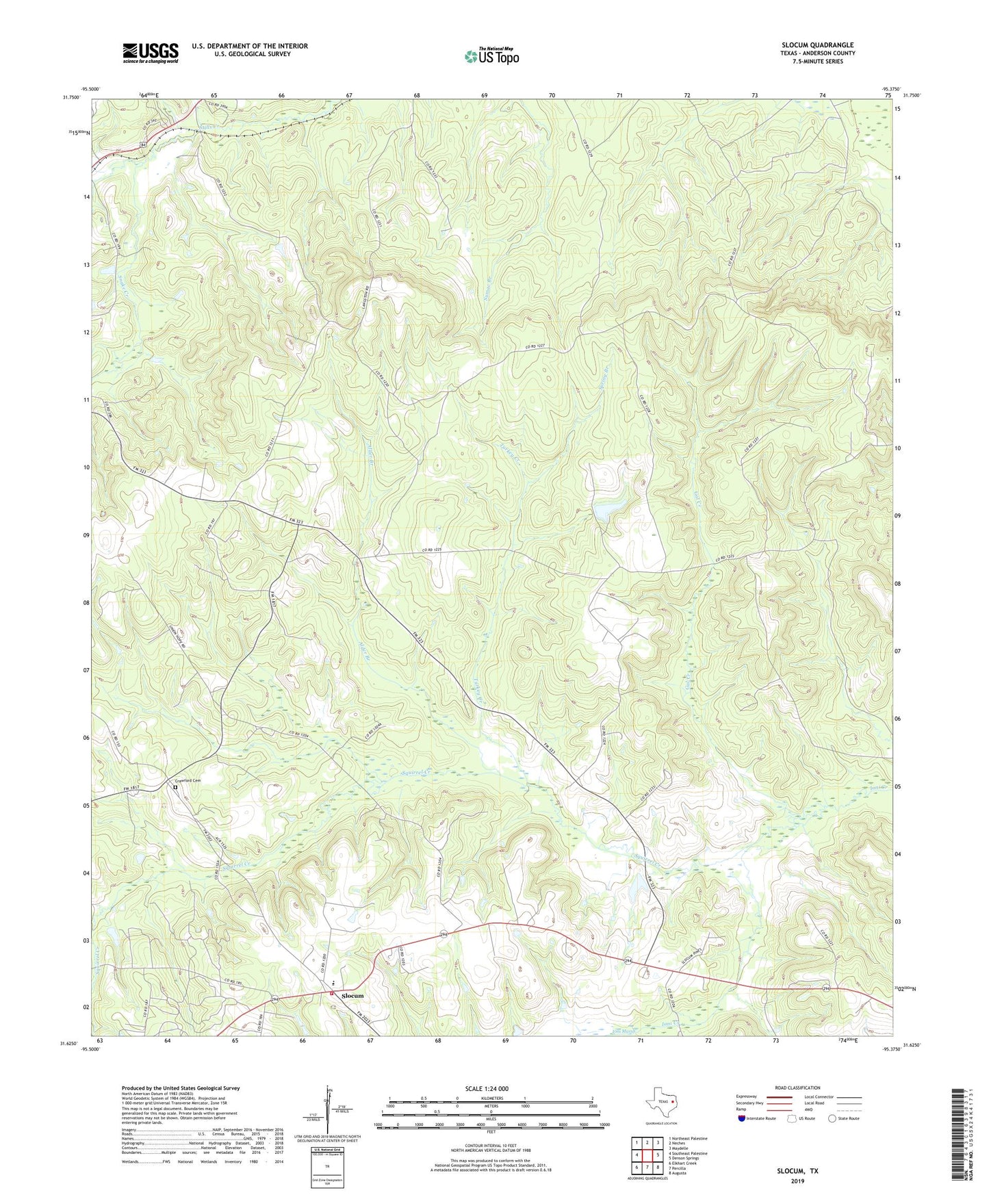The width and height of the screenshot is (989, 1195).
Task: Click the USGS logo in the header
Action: click(x=151, y=53)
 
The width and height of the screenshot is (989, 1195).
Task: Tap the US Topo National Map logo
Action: click(x=491, y=55)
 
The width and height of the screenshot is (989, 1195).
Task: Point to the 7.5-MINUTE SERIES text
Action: click(x=817, y=62)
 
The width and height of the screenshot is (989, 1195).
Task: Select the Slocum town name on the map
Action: click(x=352, y=996)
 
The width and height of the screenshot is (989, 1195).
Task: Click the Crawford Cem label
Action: click(x=188, y=781)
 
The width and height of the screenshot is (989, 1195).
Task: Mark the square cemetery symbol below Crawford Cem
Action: click(x=175, y=788)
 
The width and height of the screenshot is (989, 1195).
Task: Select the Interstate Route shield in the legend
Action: click(x=742, y=1118)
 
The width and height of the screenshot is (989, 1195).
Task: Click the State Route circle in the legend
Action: click(x=832, y=1118)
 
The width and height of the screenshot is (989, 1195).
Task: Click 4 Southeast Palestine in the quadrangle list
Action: click(x=688, y=1153)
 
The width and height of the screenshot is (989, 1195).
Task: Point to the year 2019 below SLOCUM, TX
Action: click(x=797, y=1181)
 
